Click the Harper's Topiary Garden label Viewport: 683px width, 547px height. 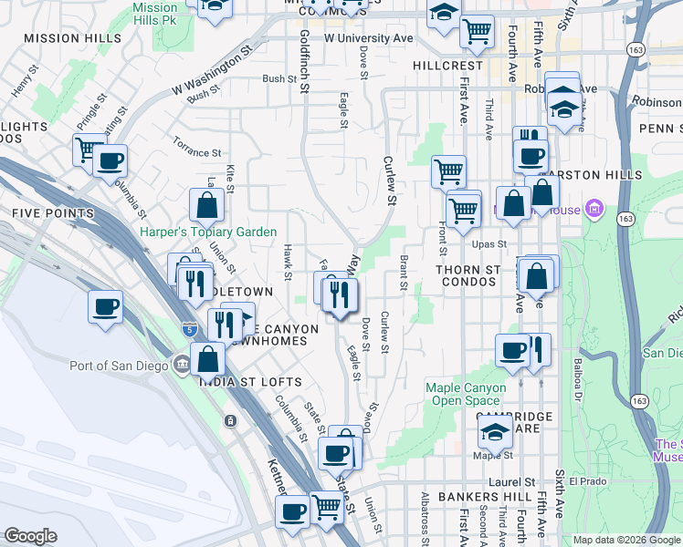tap(208, 232)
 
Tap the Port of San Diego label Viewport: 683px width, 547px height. tap(119, 366)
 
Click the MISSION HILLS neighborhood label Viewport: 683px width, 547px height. tap(72, 38)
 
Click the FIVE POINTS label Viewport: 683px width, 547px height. tap(52, 213)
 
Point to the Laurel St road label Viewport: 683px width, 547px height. tap(517, 481)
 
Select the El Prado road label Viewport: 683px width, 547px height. tap(587, 481)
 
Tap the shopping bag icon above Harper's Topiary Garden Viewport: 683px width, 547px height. tap(207, 205)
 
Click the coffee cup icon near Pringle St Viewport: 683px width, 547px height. tap(110, 161)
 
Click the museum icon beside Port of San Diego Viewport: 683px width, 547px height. tap(182, 366)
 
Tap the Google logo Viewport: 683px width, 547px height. tap(30, 536)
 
